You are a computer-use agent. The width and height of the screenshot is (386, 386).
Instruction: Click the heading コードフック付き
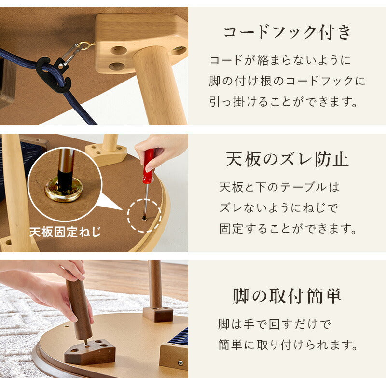click(287, 33)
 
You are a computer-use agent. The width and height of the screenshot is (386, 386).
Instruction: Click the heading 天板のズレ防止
click(287, 159)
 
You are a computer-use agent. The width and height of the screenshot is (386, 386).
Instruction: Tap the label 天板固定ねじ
click(65, 232)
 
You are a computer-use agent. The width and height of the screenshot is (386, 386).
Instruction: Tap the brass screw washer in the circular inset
click(64, 190)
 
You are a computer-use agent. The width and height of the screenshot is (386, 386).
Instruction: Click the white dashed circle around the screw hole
click(144, 216)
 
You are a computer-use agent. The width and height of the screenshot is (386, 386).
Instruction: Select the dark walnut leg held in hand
click(79, 309)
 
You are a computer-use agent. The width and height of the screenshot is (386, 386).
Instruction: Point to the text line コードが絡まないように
click(279, 60)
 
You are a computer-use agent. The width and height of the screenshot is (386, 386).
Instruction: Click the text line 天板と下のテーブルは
click(279, 186)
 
